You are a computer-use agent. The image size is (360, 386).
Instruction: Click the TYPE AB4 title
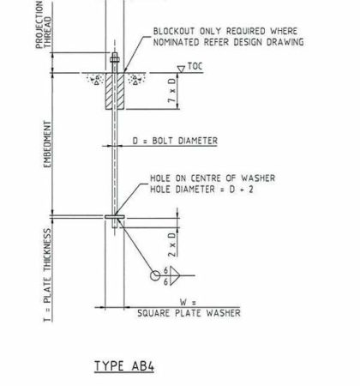click(x=124, y=366)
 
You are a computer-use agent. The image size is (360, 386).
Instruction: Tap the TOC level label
click(x=195, y=66)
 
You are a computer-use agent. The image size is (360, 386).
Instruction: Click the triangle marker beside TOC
click(x=181, y=69)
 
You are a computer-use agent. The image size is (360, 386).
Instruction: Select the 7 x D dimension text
click(x=171, y=90)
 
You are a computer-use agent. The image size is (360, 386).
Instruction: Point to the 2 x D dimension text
click(x=171, y=244)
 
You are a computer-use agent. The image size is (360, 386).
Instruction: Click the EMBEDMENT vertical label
click(x=47, y=144)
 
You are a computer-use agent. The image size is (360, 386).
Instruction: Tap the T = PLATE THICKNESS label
click(x=47, y=275)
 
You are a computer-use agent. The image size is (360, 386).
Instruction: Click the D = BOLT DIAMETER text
click(x=175, y=141)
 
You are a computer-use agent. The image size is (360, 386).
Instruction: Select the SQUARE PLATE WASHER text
click(x=189, y=313)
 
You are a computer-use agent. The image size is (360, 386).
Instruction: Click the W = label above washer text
click(x=188, y=302)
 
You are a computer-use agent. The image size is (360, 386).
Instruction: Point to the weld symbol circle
click(x=155, y=275)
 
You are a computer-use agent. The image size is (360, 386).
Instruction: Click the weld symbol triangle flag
click(x=175, y=275)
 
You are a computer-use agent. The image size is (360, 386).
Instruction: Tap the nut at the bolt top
click(x=115, y=60)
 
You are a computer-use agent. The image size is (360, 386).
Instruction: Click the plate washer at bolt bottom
click(x=115, y=217)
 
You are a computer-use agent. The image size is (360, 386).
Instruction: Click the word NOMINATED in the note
click(x=176, y=42)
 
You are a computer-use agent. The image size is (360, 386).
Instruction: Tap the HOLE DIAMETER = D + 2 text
click(x=201, y=190)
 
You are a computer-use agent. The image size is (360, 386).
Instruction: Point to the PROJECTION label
click(x=39, y=25)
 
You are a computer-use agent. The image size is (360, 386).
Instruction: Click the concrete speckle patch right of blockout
click(x=136, y=78)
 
